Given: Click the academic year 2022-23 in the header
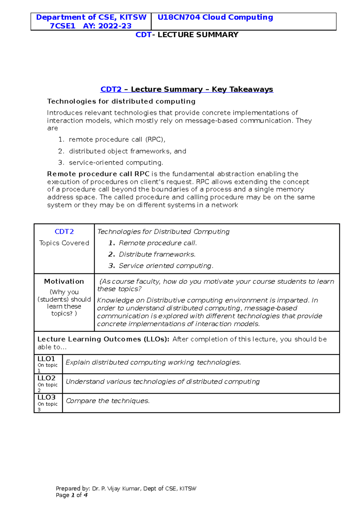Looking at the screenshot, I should pos(115,26).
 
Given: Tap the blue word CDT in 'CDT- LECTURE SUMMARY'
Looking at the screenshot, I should pos(143,35).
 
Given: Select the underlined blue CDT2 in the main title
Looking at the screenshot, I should pos(111,89).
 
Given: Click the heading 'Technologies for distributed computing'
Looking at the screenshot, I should pos(121,101).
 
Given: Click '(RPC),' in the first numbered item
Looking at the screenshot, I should pos(155,140).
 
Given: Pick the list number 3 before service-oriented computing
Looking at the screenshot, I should pos(61,163).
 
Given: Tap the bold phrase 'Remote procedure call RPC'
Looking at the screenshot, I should pos(98,174).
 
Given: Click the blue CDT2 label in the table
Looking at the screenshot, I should pos(64,232).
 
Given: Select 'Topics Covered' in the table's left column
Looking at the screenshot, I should pos(64,243).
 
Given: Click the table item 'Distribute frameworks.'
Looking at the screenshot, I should pos(157,255).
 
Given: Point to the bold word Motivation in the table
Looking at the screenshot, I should pos(64,281).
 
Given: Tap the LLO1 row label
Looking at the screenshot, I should pos(46,359).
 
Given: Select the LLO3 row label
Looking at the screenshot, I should pos(46,397).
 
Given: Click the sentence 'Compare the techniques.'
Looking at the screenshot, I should pos(107,401).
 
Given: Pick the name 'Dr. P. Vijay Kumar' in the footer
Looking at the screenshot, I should pos(116,489).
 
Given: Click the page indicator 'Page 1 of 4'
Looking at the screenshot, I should pos(72,495).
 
